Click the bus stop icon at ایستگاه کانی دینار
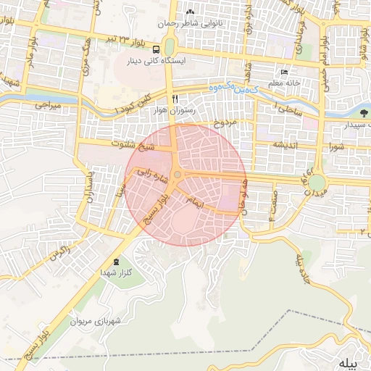tap(157, 49)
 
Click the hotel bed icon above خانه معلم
tap(284, 72)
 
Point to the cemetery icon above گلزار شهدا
tap(117, 261)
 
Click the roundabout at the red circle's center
tap(178, 175)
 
